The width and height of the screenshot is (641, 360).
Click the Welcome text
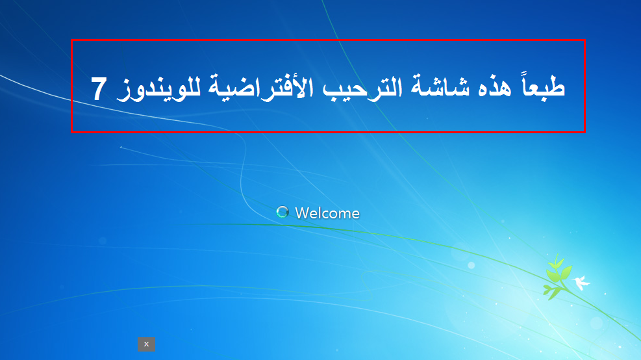click(x=327, y=212)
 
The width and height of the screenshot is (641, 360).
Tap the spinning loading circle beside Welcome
click(x=282, y=212)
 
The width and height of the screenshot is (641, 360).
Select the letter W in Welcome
click(x=301, y=212)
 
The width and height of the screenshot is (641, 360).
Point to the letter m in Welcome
click(x=348, y=214)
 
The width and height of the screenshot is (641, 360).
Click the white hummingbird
click(x=581, y=282)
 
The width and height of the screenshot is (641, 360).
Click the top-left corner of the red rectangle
click(x=71, y=40)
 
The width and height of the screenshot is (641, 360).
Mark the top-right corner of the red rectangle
click(x=584, y=40)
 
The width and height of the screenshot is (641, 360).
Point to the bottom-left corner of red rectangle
click(x=71, y=132)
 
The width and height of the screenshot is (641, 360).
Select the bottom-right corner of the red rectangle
click(x=584, y=132)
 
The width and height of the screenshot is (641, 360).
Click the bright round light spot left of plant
click(x=471, y=264)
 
